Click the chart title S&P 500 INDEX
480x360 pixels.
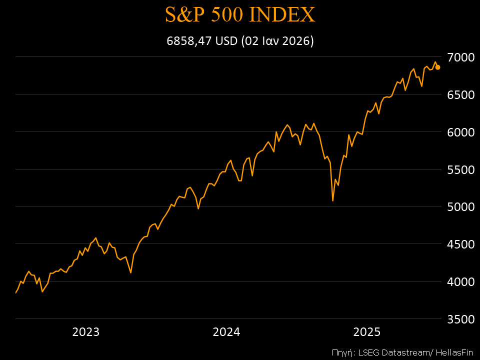240,15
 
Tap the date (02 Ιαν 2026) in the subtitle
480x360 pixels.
277,41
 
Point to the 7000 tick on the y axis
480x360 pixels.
460,57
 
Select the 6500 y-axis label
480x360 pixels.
460,94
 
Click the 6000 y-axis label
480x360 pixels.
460,132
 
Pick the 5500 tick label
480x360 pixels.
460,169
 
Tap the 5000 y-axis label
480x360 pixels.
460,206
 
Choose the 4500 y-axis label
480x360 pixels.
460,244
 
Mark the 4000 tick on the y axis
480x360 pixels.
460,281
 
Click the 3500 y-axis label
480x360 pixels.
460,319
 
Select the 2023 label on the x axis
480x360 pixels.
86,332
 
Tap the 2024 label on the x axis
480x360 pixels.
226,332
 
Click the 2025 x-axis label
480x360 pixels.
367,332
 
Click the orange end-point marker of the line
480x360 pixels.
437,67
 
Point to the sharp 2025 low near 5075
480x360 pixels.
332,200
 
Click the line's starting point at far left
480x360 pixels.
16,292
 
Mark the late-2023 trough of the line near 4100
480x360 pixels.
130,272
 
